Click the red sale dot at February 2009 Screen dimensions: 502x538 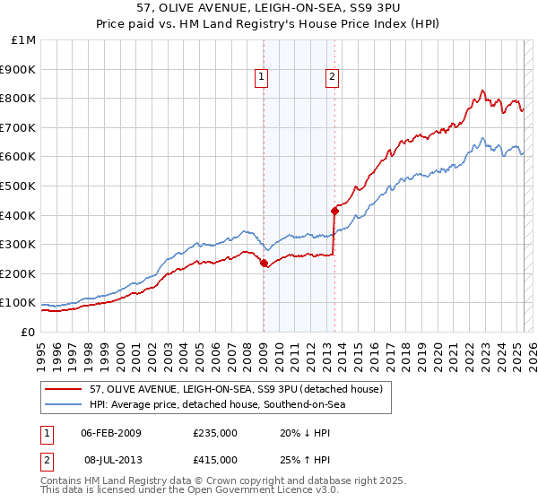click(x=264, y=264)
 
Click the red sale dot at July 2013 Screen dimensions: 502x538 click(x=334, y=211)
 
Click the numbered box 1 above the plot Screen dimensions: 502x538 click(x=261, y=77)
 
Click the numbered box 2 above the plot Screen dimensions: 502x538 click(x=332, y=77)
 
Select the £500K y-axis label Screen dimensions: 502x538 click(x=20, y=186)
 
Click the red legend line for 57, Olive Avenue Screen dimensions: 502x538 click(x=63, y=389)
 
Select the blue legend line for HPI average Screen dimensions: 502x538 click(x=63, y=404)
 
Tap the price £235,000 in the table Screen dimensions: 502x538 click(x=215, y=433)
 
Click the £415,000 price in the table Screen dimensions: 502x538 click(x=215, y=461)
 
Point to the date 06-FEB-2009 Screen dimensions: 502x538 click(x=111, y=433)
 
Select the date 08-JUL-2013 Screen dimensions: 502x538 click(x=111, y=461)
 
